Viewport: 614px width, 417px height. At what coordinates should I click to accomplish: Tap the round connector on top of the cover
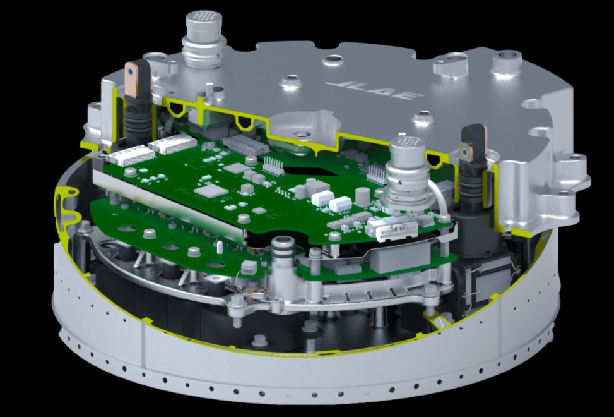point(204,39)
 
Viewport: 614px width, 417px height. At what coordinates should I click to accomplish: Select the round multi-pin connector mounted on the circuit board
point(408,173)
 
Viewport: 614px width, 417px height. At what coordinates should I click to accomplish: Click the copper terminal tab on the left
point(131,80)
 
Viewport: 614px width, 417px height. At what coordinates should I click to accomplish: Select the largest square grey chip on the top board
point(211,191)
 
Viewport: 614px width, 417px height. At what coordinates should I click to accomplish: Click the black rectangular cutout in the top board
point(309,171)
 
